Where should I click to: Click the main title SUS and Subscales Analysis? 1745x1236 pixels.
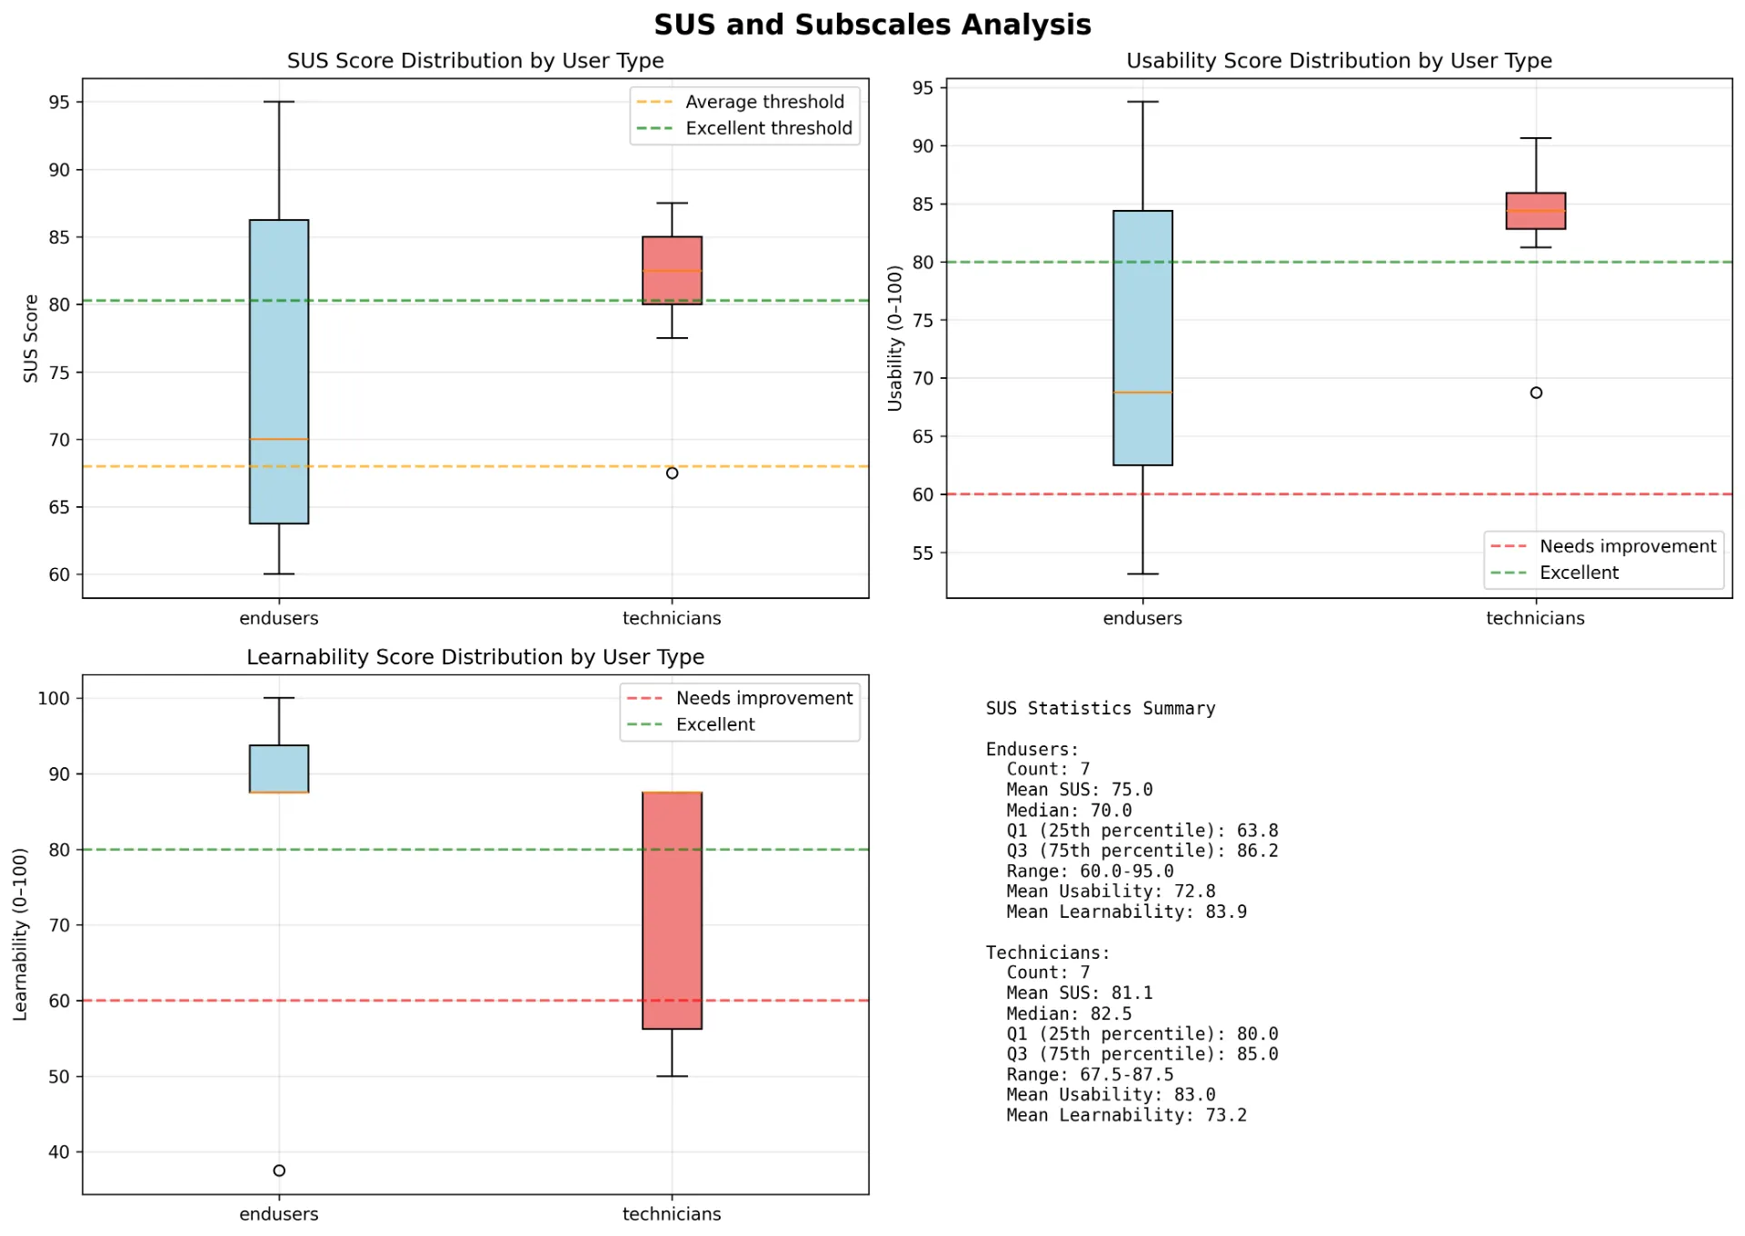click(872, 25)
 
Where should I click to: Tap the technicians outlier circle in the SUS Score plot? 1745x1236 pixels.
click(672, 473)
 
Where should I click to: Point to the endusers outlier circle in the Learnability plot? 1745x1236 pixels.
click(279, 1171)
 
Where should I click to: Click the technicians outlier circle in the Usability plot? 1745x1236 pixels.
click(1536, 393)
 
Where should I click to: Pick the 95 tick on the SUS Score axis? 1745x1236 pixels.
click(59, 102)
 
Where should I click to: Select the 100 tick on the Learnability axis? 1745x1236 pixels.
click(54, 698)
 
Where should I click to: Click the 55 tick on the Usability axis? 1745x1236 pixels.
click(922, 553)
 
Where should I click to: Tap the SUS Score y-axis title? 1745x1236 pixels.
click(31, 338)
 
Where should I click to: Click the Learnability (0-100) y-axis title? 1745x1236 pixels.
click(20, 934)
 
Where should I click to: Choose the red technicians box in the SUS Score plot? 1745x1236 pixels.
click(672, 271)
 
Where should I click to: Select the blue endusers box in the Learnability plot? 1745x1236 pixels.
click(279, 769)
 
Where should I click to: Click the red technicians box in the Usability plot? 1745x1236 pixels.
click(1536, 211)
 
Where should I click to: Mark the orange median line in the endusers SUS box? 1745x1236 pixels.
click(279, 440)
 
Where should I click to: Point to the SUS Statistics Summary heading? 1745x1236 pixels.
click(1100, 708)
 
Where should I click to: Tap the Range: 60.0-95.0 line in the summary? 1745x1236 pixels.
click(1090, 872)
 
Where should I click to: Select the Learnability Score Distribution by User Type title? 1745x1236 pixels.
click(475, 657)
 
